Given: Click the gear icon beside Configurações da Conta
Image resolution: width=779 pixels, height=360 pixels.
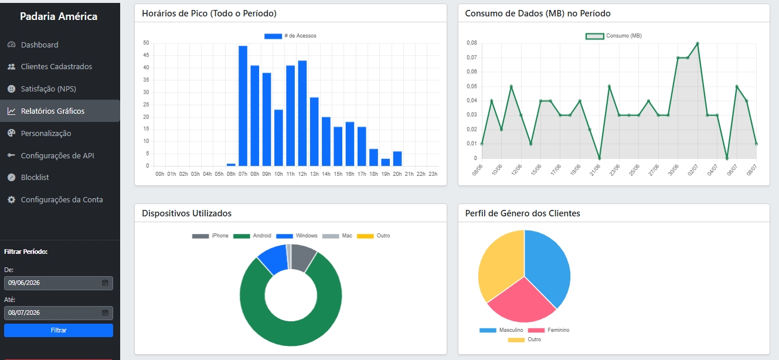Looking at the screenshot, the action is pos(12,200).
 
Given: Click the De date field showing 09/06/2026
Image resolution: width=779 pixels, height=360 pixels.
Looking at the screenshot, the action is pos(59,283).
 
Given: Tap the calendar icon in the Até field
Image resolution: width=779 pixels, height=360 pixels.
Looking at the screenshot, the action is pos(105,313).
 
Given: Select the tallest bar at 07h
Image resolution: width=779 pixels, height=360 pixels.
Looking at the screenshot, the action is pos(243,106).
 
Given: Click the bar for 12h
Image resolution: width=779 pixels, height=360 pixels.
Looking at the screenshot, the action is pos(302,113).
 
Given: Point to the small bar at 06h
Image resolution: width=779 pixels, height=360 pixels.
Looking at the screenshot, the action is pos(231,165).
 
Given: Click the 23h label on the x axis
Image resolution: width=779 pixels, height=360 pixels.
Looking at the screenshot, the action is pos(433,174).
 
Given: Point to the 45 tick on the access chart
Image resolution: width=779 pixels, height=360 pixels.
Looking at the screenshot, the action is pos(146,55).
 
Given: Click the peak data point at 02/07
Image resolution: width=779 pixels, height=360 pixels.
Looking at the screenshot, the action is pos(698,43).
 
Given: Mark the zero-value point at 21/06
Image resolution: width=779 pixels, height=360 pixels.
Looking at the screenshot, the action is pos(600,158).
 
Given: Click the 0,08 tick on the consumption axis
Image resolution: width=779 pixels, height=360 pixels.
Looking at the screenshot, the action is pos(472,43).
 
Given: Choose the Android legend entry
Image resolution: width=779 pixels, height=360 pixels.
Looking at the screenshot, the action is pos(252,236).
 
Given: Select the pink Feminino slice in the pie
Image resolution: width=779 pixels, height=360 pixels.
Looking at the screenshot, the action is pos(521,302).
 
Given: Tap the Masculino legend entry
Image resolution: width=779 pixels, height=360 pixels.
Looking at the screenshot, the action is pos(501,330).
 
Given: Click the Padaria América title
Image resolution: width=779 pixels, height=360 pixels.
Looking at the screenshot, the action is pos(59,16).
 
